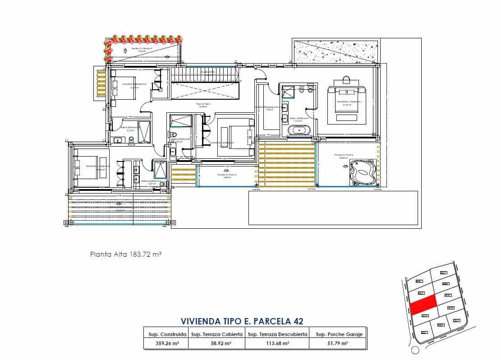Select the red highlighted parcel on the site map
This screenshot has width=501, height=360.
pyautogui.click(x=423, y=305)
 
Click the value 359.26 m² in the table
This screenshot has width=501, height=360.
pyautogui.click(x=165, y=343)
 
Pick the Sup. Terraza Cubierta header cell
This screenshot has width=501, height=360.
pyautogui.click(x=216, y=334)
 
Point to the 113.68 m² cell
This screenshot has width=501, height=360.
pyautogui.click(x=277, y=343)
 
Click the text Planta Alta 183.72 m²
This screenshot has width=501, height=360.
pyautogui.click(x=126, y=254)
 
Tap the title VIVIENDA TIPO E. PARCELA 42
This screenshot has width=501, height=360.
pyautogui.click(x=242, y=321)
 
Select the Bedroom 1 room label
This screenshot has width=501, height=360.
pyautogui.click(x=347, y=102)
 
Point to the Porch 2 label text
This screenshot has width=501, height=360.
pyautogui.click(x=344, y=155)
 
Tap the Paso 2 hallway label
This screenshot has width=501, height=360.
pyautogui.click(x=203, y=104)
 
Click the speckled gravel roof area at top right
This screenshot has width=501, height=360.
pyautogui.click(x=336, y=51)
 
